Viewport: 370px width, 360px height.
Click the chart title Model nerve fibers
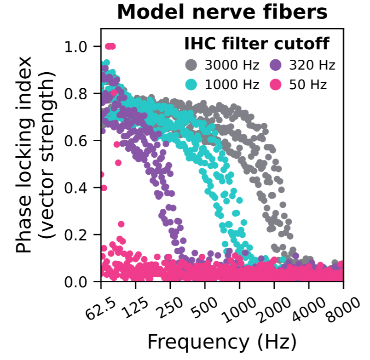coord(222,12)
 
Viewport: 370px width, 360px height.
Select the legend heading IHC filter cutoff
coord(256,44)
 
